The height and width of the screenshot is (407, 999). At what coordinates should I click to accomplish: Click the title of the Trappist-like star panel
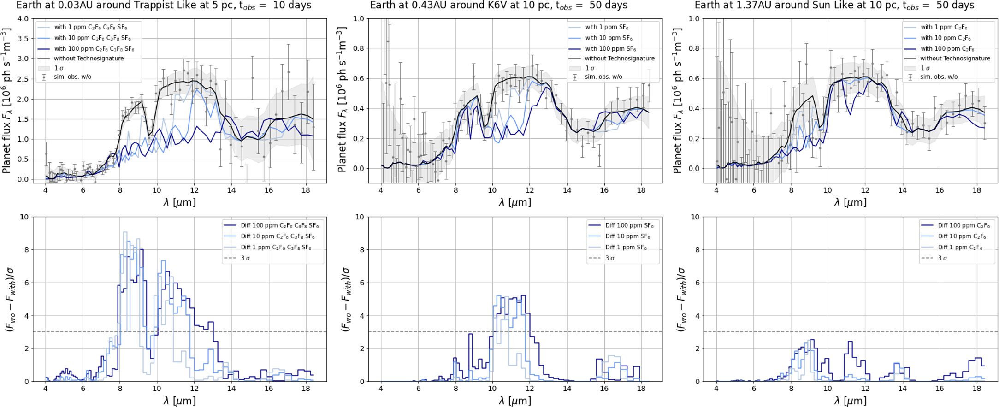pos(164,6)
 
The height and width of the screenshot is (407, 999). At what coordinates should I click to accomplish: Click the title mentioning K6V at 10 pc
pos(498,6)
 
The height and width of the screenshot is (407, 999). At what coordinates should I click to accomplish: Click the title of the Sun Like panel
pos(834,6)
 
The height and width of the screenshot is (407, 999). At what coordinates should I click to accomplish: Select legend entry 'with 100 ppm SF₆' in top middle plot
pos(610,49)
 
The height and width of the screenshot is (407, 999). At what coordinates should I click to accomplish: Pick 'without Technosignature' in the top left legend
pos(89,59)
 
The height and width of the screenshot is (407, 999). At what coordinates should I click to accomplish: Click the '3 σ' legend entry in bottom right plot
pos(942,258)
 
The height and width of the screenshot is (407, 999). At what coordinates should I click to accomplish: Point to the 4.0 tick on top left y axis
pos(22,19)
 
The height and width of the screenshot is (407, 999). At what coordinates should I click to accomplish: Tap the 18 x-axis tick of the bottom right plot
pos(976,389)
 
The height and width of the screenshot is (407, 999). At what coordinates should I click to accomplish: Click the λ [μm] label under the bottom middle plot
pos(515,400)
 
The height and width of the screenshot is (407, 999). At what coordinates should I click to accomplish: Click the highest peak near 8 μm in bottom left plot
pos(124,232)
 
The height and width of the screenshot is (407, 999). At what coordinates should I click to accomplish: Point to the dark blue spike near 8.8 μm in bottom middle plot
pos(471,334)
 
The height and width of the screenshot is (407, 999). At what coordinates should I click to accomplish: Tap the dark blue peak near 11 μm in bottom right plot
pos(850,342)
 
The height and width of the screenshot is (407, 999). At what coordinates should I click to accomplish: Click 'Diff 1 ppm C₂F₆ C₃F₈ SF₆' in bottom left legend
pos(276,248)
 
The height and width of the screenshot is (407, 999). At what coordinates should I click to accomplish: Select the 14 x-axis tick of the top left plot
pos(231,190)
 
